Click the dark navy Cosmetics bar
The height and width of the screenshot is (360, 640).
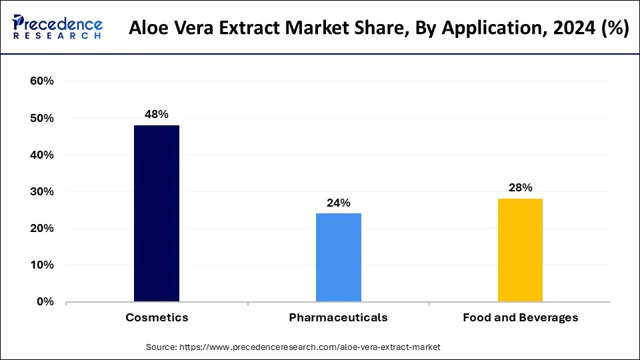point(157,213)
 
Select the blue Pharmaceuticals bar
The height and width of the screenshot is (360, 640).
point(339,257)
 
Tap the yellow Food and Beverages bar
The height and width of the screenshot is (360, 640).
point(521,250)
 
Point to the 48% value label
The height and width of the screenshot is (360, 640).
point(157,115)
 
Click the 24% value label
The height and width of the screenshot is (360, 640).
point(339,203)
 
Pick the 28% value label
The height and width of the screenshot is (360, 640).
point(520,188)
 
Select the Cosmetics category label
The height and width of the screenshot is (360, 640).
point(157,318)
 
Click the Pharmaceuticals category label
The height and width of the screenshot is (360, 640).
point(339,318)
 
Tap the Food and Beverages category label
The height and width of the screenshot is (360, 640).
point(521,318)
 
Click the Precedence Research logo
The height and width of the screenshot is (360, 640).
point(57,27)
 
